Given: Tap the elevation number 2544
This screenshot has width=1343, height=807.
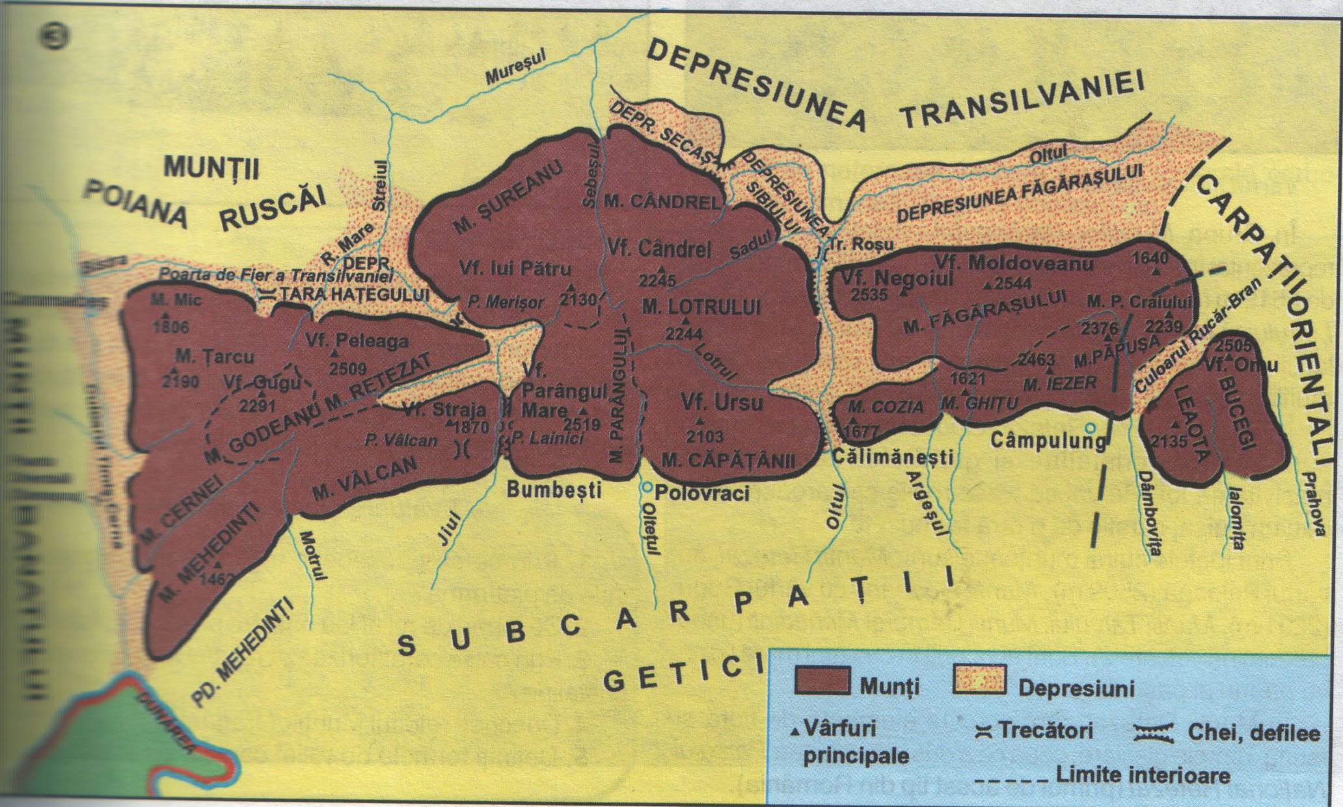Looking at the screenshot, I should (x=1013, y=284).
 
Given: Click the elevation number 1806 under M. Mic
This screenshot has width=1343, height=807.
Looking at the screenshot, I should (x=172, y=327).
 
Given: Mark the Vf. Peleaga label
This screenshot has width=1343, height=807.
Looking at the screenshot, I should (x=357, y=340).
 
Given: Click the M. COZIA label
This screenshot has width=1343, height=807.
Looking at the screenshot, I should (x=886, y=407).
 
